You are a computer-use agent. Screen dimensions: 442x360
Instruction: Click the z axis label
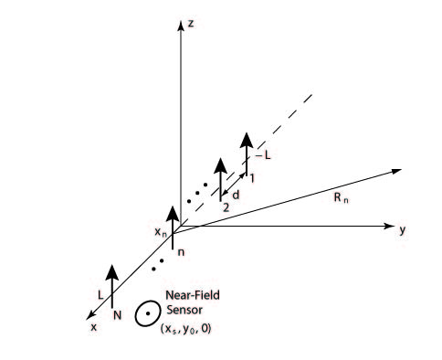pos(191,24)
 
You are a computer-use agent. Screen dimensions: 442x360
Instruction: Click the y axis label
pos(403,229)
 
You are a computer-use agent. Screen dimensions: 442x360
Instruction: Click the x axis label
pos(94,327)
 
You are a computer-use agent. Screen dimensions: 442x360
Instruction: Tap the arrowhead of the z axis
pos(181,26)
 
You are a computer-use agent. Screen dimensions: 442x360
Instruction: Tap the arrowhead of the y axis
pos(389,226)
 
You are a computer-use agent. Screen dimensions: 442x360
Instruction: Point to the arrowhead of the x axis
pos(90,315)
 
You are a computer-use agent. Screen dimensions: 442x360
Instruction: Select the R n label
pos(341,198)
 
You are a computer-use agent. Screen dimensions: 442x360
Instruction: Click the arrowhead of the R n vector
pos(396,171)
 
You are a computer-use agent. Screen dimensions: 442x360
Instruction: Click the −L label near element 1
pos(263,155)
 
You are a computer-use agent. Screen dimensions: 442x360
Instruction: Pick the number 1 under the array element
pos(252,178)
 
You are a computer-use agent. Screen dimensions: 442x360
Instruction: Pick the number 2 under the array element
pos(226,207)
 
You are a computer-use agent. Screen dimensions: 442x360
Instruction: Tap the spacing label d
pos(236,195)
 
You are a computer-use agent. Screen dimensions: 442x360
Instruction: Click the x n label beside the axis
pos(161,232)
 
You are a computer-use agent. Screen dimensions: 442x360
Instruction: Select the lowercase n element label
pos(181,252)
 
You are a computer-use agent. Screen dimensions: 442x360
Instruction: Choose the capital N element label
pos(117,315)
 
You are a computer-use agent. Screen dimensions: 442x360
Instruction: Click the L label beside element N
pos(100,295)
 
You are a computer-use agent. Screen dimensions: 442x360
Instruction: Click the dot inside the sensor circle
pos(148,313)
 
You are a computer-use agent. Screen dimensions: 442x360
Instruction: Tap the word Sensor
pos(184,310)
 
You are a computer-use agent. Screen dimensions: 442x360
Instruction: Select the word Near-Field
pos(193,295)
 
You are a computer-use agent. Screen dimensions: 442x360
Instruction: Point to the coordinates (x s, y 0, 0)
pos(185,329)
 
